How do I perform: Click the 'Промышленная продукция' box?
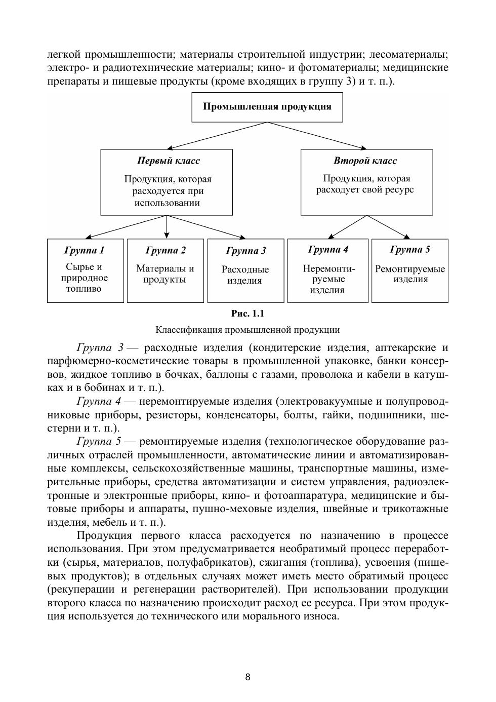click(267, 107)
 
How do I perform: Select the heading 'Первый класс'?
click(169, 161)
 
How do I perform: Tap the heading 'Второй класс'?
click(365, 161)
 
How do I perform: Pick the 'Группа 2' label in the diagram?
click(166, 250)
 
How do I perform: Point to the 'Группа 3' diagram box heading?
click(245, 251)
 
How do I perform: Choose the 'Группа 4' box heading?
click(328, 249)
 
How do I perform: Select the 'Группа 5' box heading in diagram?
click(410, 249)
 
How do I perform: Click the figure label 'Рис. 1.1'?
click(247, 314)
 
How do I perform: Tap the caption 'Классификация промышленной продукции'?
click(247, 330)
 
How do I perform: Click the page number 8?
click(247, 677)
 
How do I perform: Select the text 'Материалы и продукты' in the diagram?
click(165, 274)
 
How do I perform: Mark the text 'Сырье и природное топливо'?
click(85, 278)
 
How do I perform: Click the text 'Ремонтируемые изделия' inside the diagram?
click(410, 274)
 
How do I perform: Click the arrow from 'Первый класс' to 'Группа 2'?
click(167, 227)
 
